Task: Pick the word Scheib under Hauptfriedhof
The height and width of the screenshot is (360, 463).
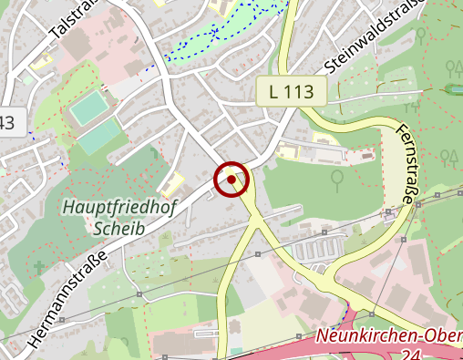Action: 118,228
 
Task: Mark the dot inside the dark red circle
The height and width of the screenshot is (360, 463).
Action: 231,180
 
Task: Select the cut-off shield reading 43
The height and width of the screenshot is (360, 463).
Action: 7,122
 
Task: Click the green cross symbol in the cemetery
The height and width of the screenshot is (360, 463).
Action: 38,267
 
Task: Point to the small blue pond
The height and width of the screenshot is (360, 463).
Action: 453,88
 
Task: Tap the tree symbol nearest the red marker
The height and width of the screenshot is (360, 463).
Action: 337,179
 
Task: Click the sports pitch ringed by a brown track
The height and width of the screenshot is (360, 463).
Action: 89,110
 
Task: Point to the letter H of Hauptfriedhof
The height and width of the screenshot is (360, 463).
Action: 68,208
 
